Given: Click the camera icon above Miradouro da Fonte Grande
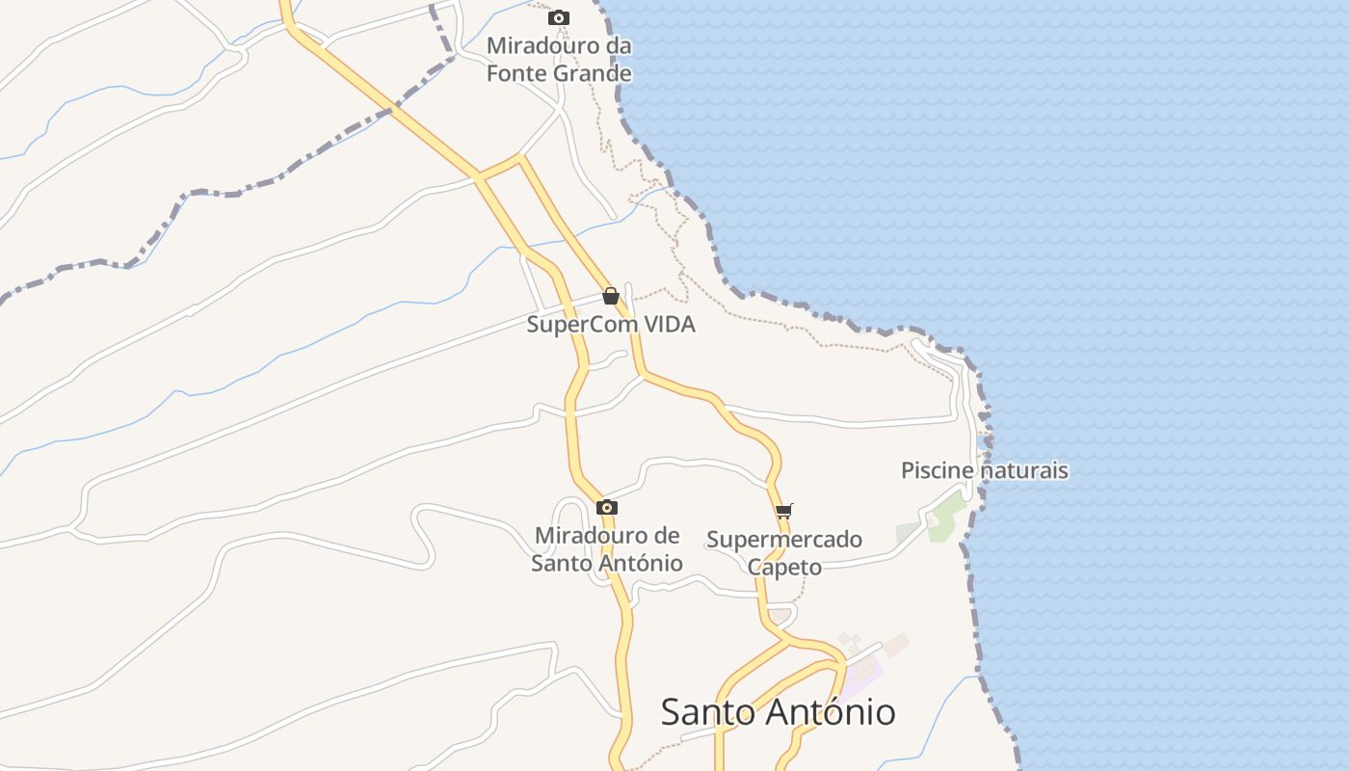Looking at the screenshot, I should pyautogui.click(x=558, y=17).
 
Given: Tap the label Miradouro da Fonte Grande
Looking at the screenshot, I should pyautogui.click(x=559, y=60).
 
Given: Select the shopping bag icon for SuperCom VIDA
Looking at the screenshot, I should pyautogui.click(x=610, y=296).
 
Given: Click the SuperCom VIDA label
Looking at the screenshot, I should pyautogui.click(x=610, y=325).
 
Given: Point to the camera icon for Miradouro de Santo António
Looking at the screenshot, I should pyautogui.click(x=606, y=507).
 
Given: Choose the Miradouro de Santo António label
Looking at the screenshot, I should pyautogui.click(x=607, y=549).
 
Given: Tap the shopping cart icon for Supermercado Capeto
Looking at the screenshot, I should pyautogui.click(x=783, y=511).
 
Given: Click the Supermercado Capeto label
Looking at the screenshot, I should pyautogui.click(x=784, y=552).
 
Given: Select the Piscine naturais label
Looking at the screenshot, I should pyautogui.click(x=984, y=471).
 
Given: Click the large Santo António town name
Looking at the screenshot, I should pyautogui.click(x=778, y=712).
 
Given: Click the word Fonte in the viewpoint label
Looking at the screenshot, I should pyautogui.click(x=516, y=73).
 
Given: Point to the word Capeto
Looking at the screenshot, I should pyautogui.click(x=784, y=567).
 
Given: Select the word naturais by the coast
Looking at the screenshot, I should pyautogui.click(x=1024, y=471).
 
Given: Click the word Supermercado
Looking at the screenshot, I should pyautogui.click(x=784, y=540).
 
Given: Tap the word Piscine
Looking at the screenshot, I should pyautogui.click(x=939, y=471).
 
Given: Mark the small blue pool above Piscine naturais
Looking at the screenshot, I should pyautogui.click(x=982, y=441).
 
